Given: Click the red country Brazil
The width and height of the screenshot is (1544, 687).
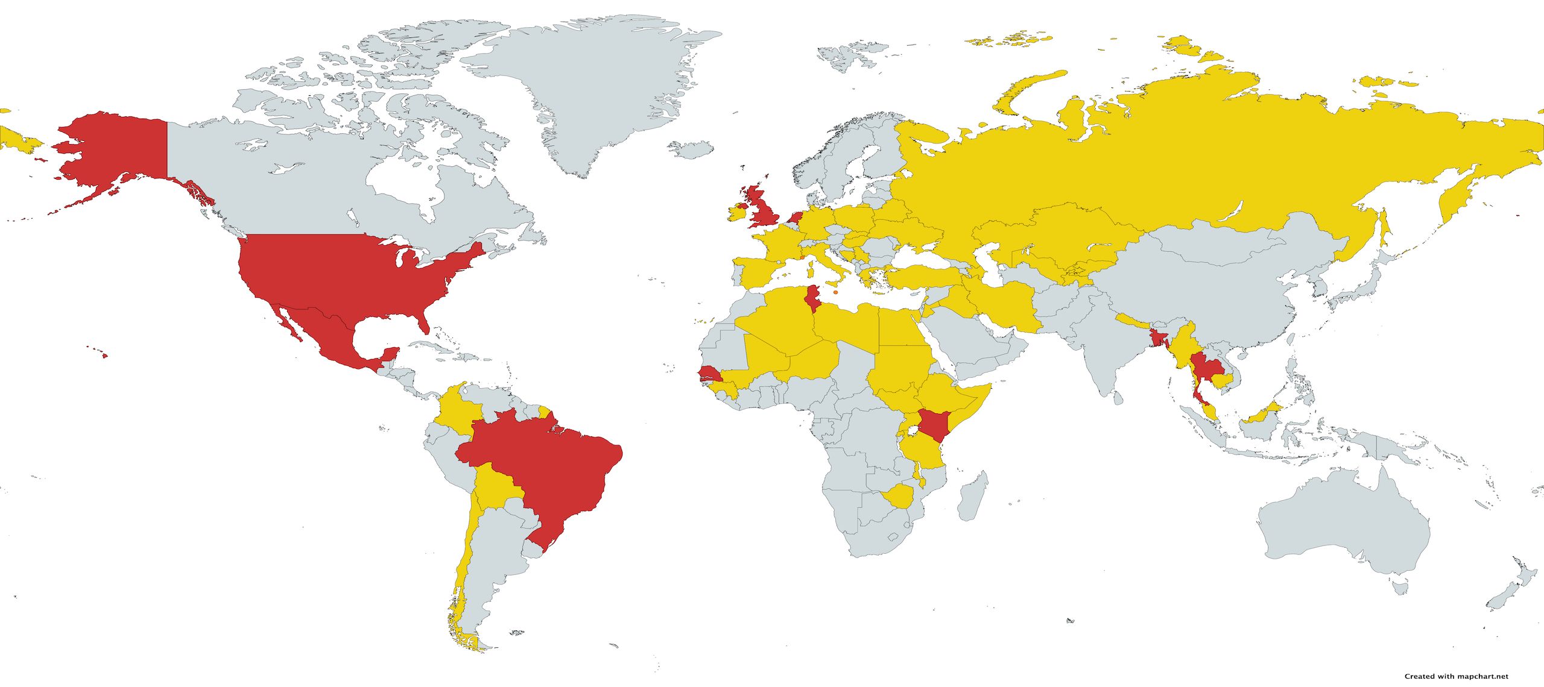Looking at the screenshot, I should click(543, 470).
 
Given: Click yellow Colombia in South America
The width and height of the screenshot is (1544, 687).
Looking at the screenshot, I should click(455, 413).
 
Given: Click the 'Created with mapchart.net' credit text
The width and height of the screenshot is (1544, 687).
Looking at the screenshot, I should click(1456, 676).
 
